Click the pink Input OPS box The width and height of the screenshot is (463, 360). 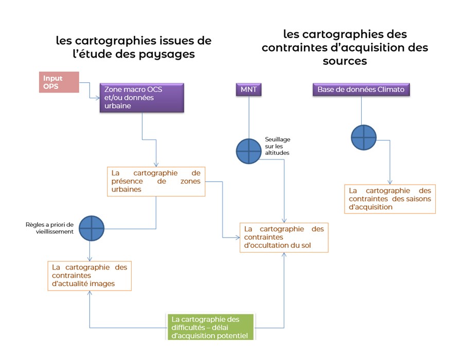(x=59, y=82)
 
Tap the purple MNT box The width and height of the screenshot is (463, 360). (x=248, y=89)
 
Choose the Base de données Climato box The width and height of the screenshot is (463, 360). (x=361, y=89)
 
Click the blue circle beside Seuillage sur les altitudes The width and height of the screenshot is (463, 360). (x=248, y=151)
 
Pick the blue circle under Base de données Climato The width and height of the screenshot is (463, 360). (x=364, y=138)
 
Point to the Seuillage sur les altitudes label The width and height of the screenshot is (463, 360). (x=277, y=146)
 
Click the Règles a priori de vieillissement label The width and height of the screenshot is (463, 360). (x=50, y=228)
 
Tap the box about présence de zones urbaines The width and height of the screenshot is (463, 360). (x=156, y=181)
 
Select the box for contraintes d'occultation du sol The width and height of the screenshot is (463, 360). (x=284, y=237)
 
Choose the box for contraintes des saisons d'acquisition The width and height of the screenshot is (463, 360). (x=390, y=199)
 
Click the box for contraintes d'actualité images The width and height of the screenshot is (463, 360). (x=90, y=276)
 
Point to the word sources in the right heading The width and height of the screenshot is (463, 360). (x=345, y=61)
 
